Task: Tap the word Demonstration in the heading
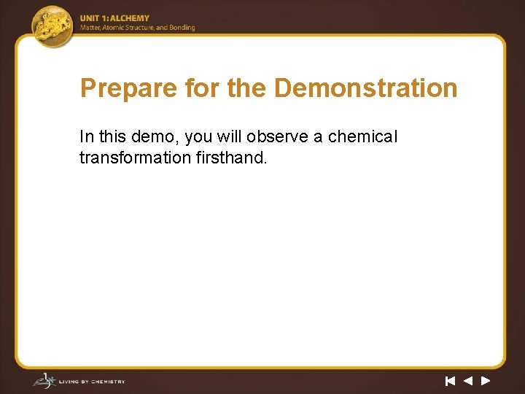[365, 89]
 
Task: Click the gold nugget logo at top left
[53, 26]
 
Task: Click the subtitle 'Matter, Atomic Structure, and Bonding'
[137, 28]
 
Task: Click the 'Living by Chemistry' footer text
[91, 381]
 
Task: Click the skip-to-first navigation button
[450, 380]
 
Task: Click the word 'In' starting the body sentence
[86, 137]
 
